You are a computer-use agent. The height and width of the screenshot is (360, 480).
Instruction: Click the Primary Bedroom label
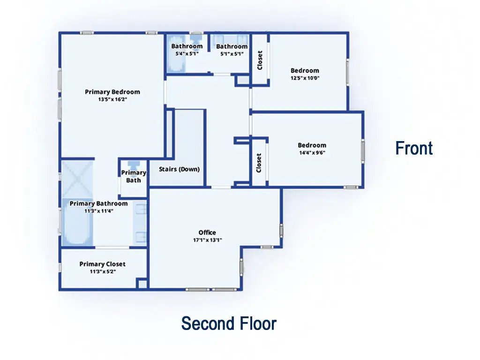point(112,92)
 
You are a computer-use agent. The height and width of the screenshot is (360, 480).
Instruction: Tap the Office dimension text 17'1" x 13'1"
point(207,240)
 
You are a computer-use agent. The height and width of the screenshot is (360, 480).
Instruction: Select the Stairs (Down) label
point(179,169)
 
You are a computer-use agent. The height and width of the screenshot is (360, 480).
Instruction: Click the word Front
point(414,148)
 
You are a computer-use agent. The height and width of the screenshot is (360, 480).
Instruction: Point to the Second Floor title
point(229,323)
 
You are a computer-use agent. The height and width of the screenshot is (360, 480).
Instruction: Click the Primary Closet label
point(102,264)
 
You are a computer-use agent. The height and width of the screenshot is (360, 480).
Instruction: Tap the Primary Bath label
point(134,176)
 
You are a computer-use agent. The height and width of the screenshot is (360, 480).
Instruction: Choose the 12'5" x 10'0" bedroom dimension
point(305,78)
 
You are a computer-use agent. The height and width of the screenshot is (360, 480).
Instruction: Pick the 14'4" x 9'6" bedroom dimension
point(312,152)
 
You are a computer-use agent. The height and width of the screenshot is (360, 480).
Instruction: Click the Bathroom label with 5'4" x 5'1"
point(187,46)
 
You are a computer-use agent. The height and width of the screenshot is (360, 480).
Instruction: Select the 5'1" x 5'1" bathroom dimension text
point(232,54)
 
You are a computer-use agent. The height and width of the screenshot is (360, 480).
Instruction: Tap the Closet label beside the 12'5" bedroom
point(260,60)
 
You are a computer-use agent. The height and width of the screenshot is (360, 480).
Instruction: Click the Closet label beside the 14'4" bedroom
point(259,163)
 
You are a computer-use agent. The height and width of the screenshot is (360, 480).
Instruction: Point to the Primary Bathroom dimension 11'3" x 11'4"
point(98,211)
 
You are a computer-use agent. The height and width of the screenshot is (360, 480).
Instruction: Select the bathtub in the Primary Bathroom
point(77,222)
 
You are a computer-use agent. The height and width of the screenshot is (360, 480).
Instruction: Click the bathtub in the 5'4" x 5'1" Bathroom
point(176,54)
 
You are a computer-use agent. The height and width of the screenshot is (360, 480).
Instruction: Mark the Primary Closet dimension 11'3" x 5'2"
point(103,271)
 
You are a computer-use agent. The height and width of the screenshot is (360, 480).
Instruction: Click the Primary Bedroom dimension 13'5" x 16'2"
point(112,99)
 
